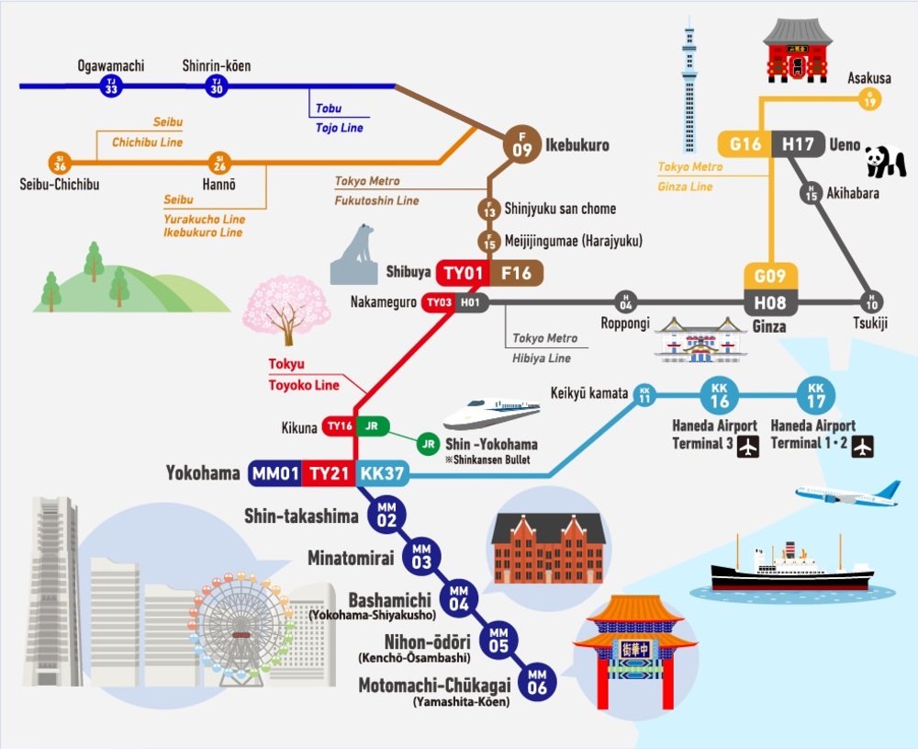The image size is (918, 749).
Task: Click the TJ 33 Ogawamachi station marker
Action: tap(111, 86)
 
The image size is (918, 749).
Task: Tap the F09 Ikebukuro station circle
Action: tap(521, 145)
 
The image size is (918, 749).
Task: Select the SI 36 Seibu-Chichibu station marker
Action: tap(60, 163)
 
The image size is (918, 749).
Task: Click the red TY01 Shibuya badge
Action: tap(463, 273)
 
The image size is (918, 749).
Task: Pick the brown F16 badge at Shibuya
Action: tap(516, 273)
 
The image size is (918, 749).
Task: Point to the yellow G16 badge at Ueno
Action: tap(744, 143)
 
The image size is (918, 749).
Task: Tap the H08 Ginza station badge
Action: tap(770, 302)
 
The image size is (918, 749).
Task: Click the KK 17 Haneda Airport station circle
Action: tap(815, 395)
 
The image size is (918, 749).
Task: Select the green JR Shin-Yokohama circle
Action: tap(429, 444)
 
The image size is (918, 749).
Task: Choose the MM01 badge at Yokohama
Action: tap(274, 473)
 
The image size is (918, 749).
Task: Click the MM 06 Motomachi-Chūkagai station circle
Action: tap(537, 682)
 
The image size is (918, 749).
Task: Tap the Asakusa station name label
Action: tap(869, 78)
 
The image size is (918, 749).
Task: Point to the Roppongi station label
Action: tap(625, 323)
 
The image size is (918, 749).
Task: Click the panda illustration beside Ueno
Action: tap(885, 161)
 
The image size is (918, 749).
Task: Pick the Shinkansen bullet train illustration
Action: tap(491, 414)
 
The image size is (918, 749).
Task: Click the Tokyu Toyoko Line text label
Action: tap(304, 374)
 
